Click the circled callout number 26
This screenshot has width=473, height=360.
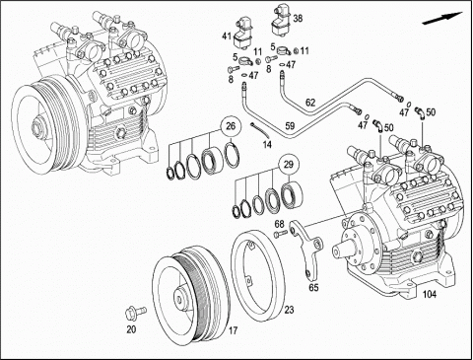[x=231, y=126]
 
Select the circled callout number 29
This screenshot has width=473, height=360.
[x=288, y=164]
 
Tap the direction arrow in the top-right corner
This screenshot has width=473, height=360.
[x=442, y=18]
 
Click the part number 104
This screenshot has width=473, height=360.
[x=430, y=295]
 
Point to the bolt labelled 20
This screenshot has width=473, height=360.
[x=136, y=312]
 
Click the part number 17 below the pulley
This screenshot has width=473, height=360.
[x=233, y=330]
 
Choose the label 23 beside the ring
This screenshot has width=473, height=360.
[x=289, y=310]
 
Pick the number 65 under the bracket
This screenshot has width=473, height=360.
[x=313, y=287]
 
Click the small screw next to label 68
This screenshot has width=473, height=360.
[x=280, y=234]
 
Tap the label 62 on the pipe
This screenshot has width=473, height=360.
[x=310, y=103]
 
